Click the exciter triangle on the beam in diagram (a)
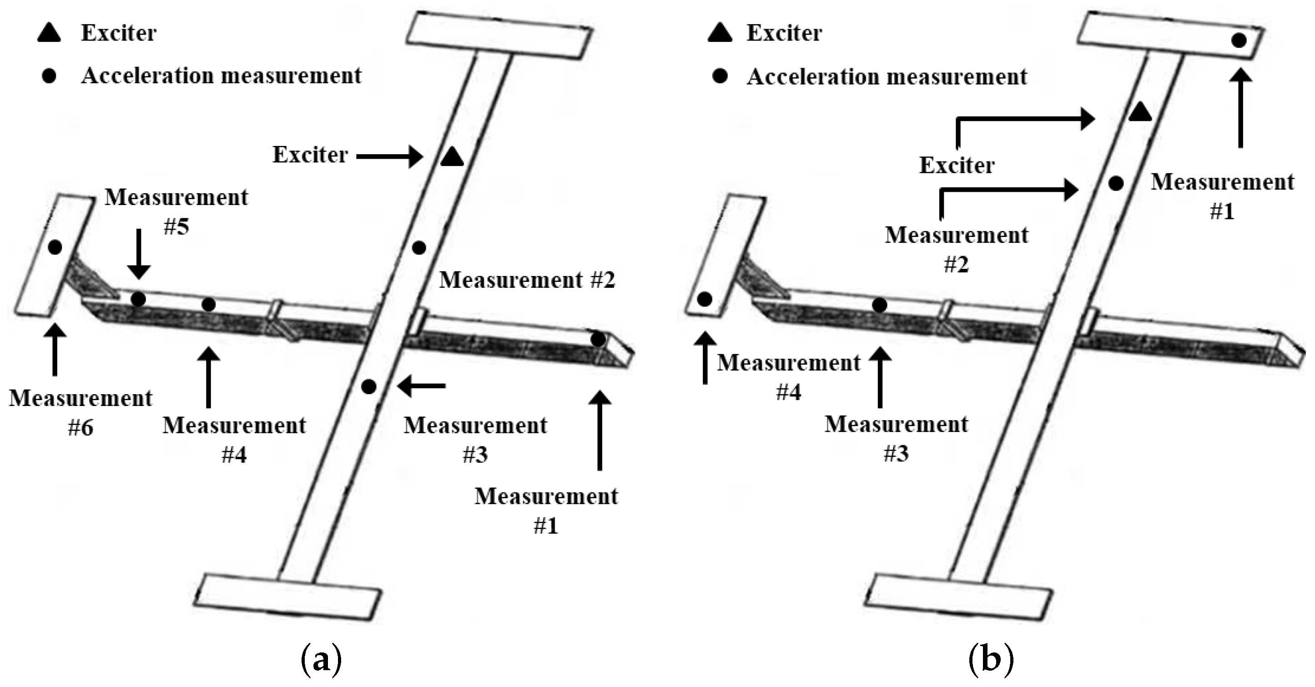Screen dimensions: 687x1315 click(x=452, y=158)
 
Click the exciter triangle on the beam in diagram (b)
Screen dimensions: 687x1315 click(x=1140, y=112)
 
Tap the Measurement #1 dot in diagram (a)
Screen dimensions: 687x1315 click(x=598, y=339)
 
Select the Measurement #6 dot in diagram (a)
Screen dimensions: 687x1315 click(x=55, y=247)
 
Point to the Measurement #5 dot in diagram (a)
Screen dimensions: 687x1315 click(x=138, y=299)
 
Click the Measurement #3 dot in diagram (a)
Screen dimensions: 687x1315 click(x=369, y=387)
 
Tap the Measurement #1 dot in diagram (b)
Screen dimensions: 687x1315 click(x=1239, y=40)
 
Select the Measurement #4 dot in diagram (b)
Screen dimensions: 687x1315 click(x=705, y=300)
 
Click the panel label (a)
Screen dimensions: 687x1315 click(x=322, y=661)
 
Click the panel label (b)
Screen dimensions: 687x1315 click(x=991, y=661)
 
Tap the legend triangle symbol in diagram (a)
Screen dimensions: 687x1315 click(x=50, y=33)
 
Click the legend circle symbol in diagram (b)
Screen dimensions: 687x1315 click(x=720, y=76)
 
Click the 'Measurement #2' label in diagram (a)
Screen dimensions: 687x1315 click(x=527, y=280)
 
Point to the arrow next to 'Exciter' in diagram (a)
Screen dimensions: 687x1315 click(x=389, y=156)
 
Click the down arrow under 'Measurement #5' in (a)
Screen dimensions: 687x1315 click(x=139, y=254)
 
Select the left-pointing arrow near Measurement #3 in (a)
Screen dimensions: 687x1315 click(x=422, y=386)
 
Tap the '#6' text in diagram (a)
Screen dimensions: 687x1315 click(x=81, y=428)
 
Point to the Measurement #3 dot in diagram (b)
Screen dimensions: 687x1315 click(x=880, y=305)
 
